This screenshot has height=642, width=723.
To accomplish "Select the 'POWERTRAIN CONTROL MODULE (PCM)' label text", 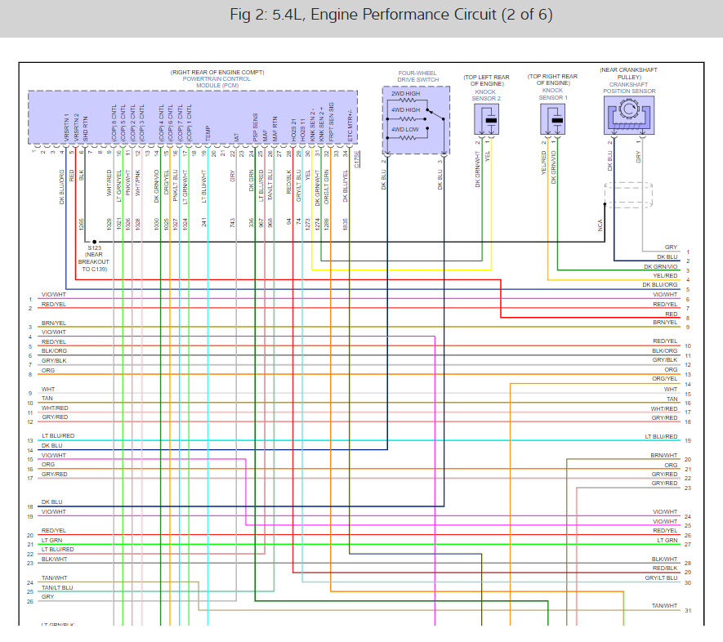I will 194,82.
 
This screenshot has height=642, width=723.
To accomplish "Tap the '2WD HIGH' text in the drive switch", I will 406,94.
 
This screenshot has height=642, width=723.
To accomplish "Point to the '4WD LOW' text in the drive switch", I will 405,129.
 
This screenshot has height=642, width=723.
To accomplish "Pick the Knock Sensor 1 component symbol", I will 556,119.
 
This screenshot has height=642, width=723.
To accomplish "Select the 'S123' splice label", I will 96,249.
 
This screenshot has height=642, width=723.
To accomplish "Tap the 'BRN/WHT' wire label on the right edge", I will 664,455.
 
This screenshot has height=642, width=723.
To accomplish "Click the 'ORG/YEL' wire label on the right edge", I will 665,379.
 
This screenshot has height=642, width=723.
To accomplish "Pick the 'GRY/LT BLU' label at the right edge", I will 662,578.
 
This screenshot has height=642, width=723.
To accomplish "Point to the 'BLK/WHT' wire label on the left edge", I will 55,560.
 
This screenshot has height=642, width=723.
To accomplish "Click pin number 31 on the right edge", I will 688,611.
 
